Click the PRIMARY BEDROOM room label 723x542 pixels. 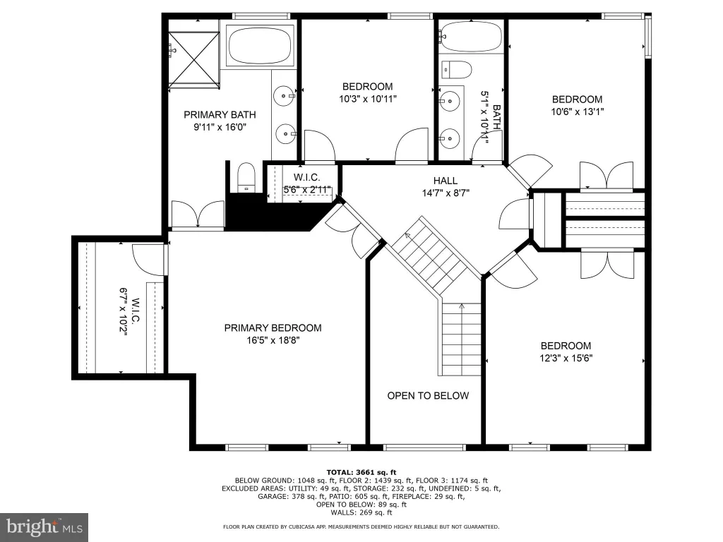point(273,327)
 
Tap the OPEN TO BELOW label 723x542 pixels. point(428,395)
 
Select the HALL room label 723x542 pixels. point(446,181)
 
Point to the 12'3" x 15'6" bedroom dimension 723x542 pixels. point(566,358)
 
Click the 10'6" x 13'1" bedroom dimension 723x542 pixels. point(578,112)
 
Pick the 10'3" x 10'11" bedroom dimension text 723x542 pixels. point(368,99)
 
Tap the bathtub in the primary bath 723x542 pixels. point(261,44)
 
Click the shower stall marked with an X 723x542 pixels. point(193,59)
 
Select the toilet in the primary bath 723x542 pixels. point(246,177)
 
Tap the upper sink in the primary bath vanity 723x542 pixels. point(282,96)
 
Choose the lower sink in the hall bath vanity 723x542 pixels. point(448,138)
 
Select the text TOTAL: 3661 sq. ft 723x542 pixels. point(361,472)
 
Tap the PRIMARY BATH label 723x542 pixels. point(220,115)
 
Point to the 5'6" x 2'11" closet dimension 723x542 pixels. point(307,189)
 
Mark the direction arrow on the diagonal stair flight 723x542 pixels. point(407,236)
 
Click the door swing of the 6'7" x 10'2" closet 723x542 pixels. point(148,259)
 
